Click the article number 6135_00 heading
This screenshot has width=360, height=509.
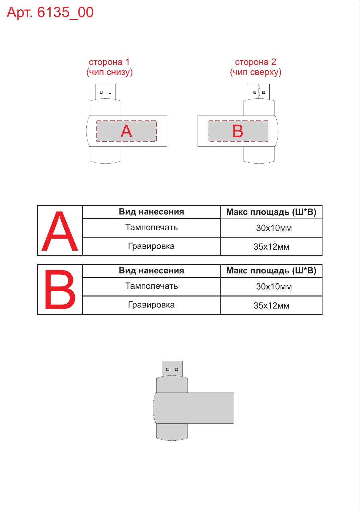click(x=50, y=12)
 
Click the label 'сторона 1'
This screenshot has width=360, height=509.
click(x=109, y=62)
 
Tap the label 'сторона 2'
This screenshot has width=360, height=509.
click(x=256, y=62)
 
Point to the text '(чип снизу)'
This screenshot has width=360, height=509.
click(x=110, y=72)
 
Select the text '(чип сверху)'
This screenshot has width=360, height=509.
click(x=256, y=72)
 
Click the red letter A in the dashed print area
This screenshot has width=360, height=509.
click(x=126, y=131)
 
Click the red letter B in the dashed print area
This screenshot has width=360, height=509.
click(x=238, y=131)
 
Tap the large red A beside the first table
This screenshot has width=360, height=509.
click(x=60, y=231)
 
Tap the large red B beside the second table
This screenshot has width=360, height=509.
click(x=60, y=289)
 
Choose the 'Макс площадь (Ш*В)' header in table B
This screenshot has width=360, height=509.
click(x=271, y=271)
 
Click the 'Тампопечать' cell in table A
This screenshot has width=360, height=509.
click(x=151, y=228)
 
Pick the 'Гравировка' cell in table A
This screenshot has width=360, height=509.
click(x=151, y=246)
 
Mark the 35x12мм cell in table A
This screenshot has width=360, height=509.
click(x=271, y=247)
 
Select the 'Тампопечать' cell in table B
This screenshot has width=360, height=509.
click(x=151, y=286)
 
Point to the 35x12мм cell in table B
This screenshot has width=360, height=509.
click(x=271, y=306)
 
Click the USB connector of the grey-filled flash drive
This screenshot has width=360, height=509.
click(x=172, y=369)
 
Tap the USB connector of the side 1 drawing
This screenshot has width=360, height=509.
click(x=105, y=91)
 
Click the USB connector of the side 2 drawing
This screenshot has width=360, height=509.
click(x=259, y=91)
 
